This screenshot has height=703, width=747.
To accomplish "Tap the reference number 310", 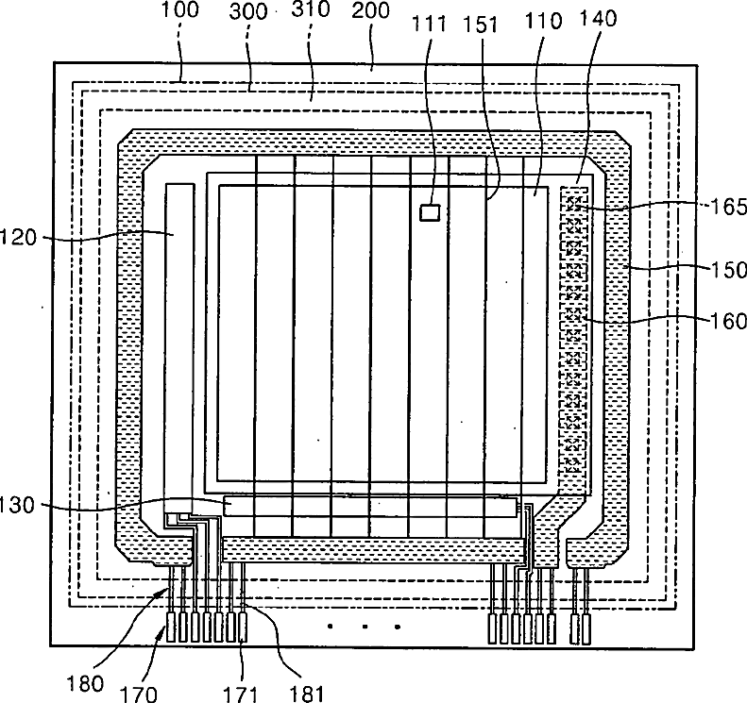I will [x=312, y=14].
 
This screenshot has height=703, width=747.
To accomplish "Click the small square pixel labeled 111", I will [x=430, y=212].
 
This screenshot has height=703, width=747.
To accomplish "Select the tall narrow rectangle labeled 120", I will [x=180, y=340].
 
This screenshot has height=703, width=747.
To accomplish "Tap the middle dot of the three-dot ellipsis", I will [x=364, y=626].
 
